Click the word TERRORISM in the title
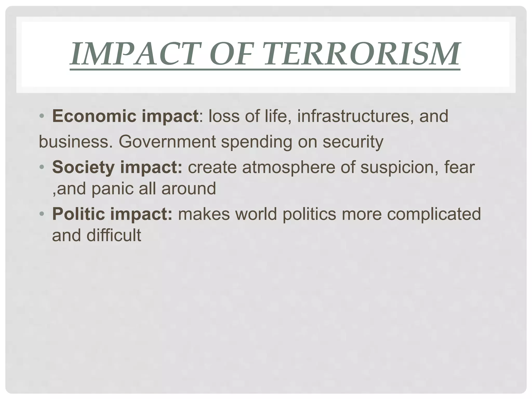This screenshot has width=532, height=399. pyautogui.click(x=362, y=54)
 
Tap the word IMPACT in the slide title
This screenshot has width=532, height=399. pyautogui.click(x=135, y=54)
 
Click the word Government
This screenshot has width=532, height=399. pyautogui.click(x=167, y=142)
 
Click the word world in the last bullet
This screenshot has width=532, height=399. pyautogui.click(x=256, y=214)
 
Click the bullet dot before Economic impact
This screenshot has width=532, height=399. pyautogui.click(x=42, y=116)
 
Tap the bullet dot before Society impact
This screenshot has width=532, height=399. pyautogui.click(x=42, y=167)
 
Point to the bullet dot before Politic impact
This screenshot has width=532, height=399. pyautogui.click(x=42, y=214)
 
